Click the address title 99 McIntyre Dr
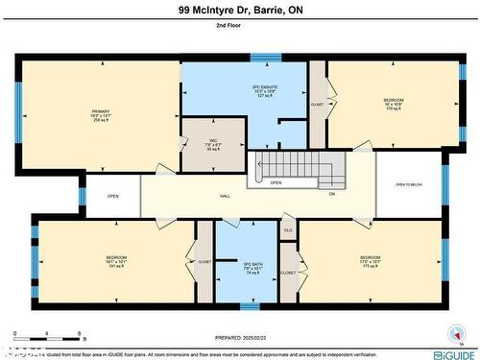coord(239,10)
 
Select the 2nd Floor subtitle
coord(239,31)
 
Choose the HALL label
coord(225,195)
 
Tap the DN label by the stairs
coord(332,194)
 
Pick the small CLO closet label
coord(288,230)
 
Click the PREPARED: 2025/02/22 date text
coord(240,338)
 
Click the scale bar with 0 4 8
coord(48,339)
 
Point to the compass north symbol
coord(452,334)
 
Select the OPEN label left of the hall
coord(112,196)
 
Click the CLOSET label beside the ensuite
coord(318,104)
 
